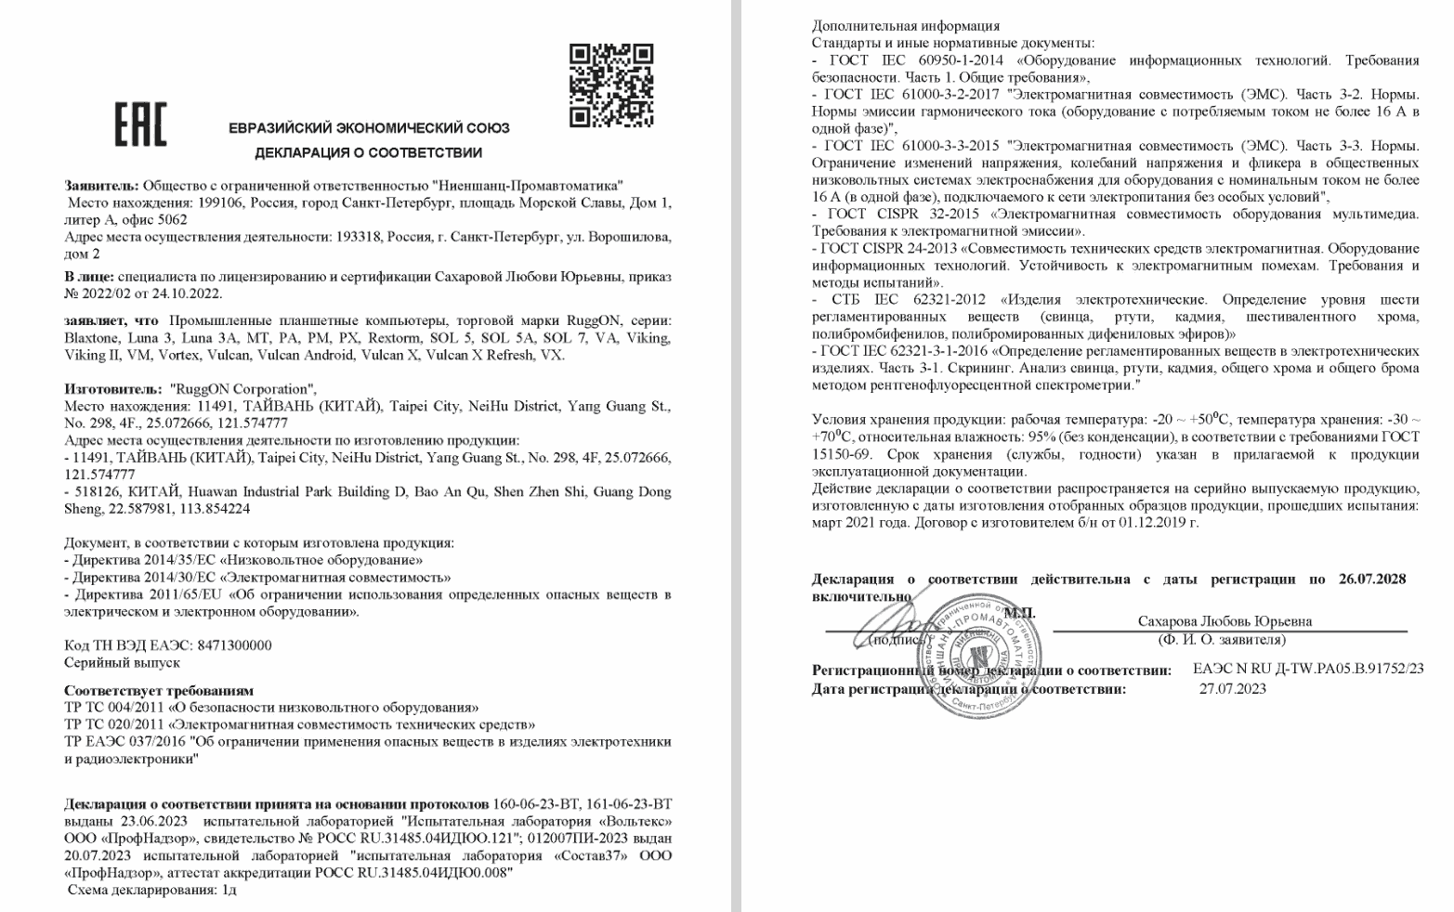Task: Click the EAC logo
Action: tap(139, 126)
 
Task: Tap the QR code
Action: tap(610, 85)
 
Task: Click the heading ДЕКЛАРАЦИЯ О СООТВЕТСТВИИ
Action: tap(369, 152)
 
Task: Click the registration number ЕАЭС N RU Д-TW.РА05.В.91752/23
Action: tap(1307, 669)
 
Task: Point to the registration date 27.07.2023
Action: tap(1232, 688)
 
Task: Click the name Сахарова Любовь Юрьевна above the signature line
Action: tap(1225, 621)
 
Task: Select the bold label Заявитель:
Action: tap(101, 186)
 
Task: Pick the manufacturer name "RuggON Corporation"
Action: tap(242, 389)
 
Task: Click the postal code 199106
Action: tap(215, 202)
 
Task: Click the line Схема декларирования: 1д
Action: tap(151, 889)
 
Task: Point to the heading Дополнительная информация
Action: tap(906, 26)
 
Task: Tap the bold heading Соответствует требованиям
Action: tap(159, 690)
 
